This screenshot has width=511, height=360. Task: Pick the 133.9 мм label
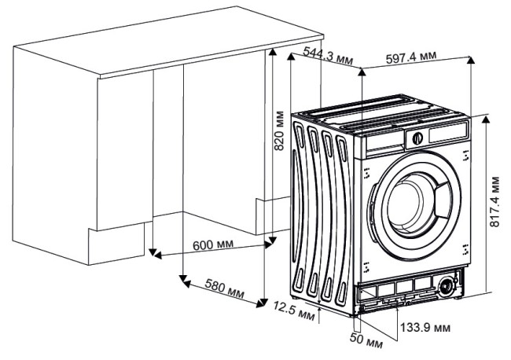[425, 325]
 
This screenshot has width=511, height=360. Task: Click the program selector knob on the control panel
[417, 138]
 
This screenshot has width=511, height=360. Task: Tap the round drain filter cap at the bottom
[449, 285]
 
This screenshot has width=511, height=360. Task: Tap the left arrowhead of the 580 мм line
[183, 277]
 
